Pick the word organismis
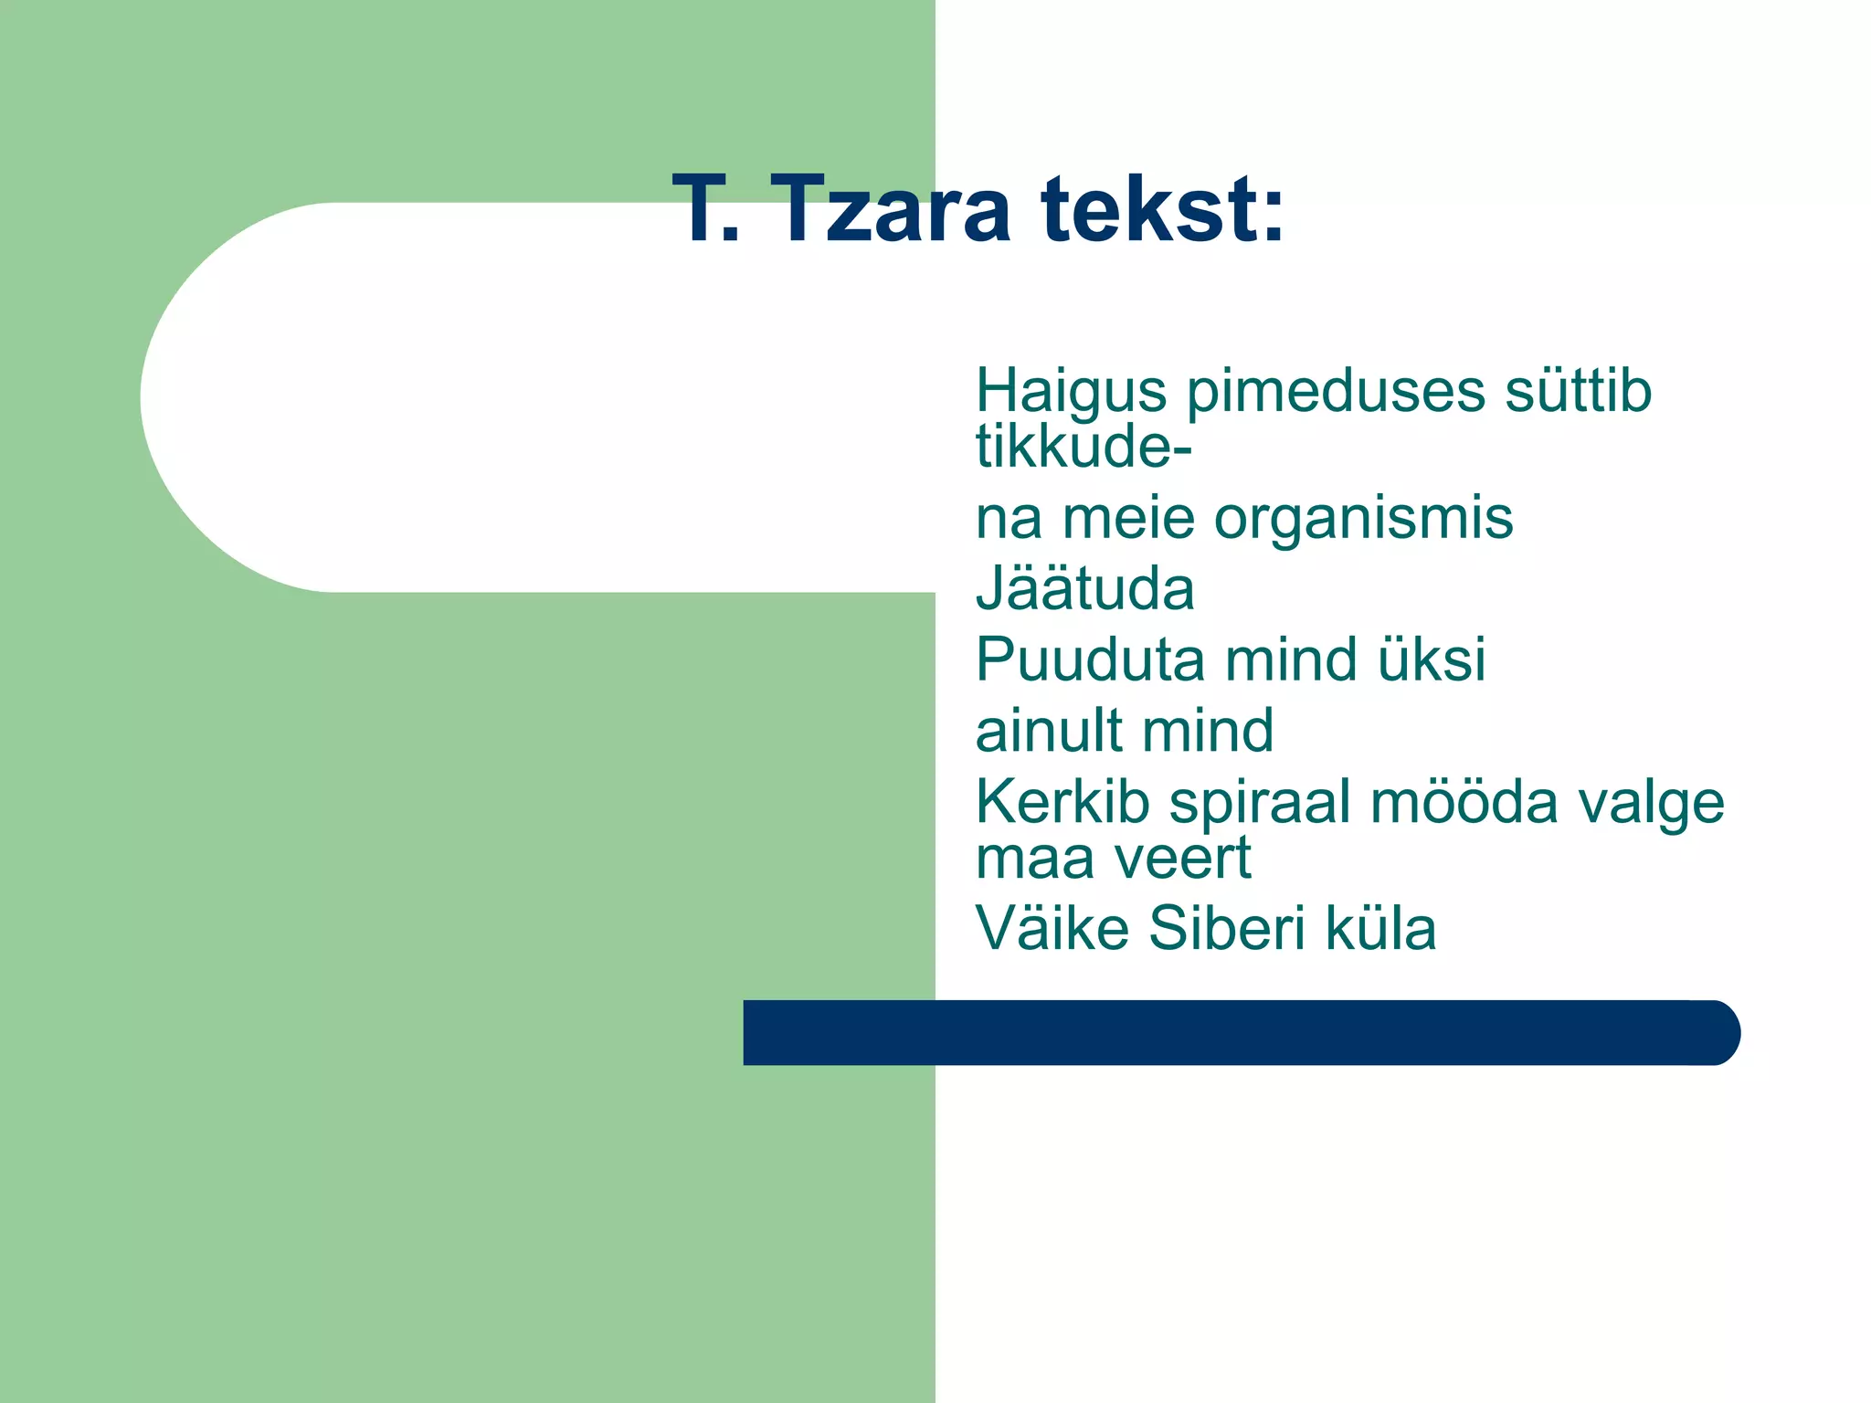tap(1363, 519)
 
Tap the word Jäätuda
tap(1085, 588)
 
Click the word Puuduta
tap(1090, 659)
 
